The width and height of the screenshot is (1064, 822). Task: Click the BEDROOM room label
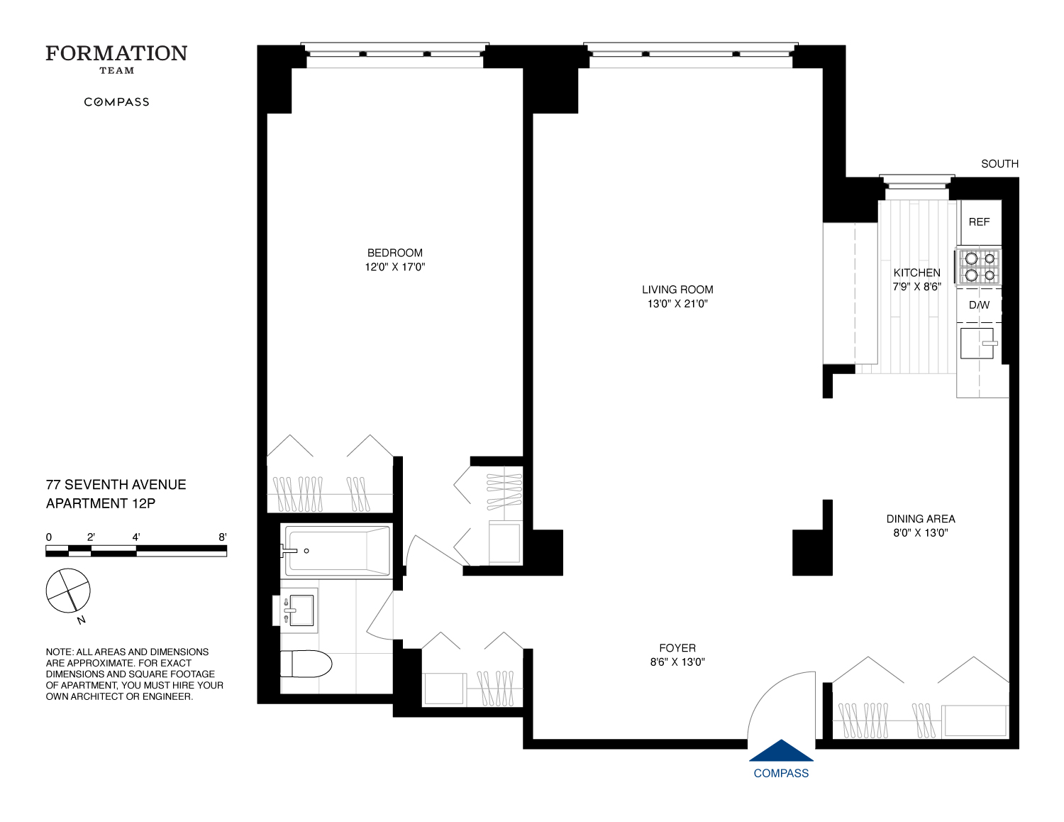[394, 253]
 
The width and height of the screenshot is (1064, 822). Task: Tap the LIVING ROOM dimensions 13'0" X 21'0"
[677, 304]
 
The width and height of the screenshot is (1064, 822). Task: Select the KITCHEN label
[916, 273]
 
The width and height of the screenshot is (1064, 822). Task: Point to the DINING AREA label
[920, 519]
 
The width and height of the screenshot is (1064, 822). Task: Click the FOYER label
[677, 648]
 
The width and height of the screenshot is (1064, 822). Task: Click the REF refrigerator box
[979, 222]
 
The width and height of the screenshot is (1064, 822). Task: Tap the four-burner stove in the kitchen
[980, 267]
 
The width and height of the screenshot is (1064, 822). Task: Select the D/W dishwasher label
[979, 305]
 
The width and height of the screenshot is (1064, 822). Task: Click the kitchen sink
[977, 344]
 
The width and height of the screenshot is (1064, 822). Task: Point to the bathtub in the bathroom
[338, 551]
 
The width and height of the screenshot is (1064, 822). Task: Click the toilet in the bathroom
[306, 664]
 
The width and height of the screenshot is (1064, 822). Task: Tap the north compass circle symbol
[68, 591]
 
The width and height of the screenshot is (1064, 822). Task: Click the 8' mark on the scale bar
[223, 537]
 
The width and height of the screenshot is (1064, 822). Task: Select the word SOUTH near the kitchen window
[999, 164]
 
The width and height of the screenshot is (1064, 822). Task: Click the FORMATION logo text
[116, 54]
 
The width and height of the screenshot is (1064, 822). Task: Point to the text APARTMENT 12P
[101, 503]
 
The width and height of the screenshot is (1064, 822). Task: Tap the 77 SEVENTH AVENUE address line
[116, 485]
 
